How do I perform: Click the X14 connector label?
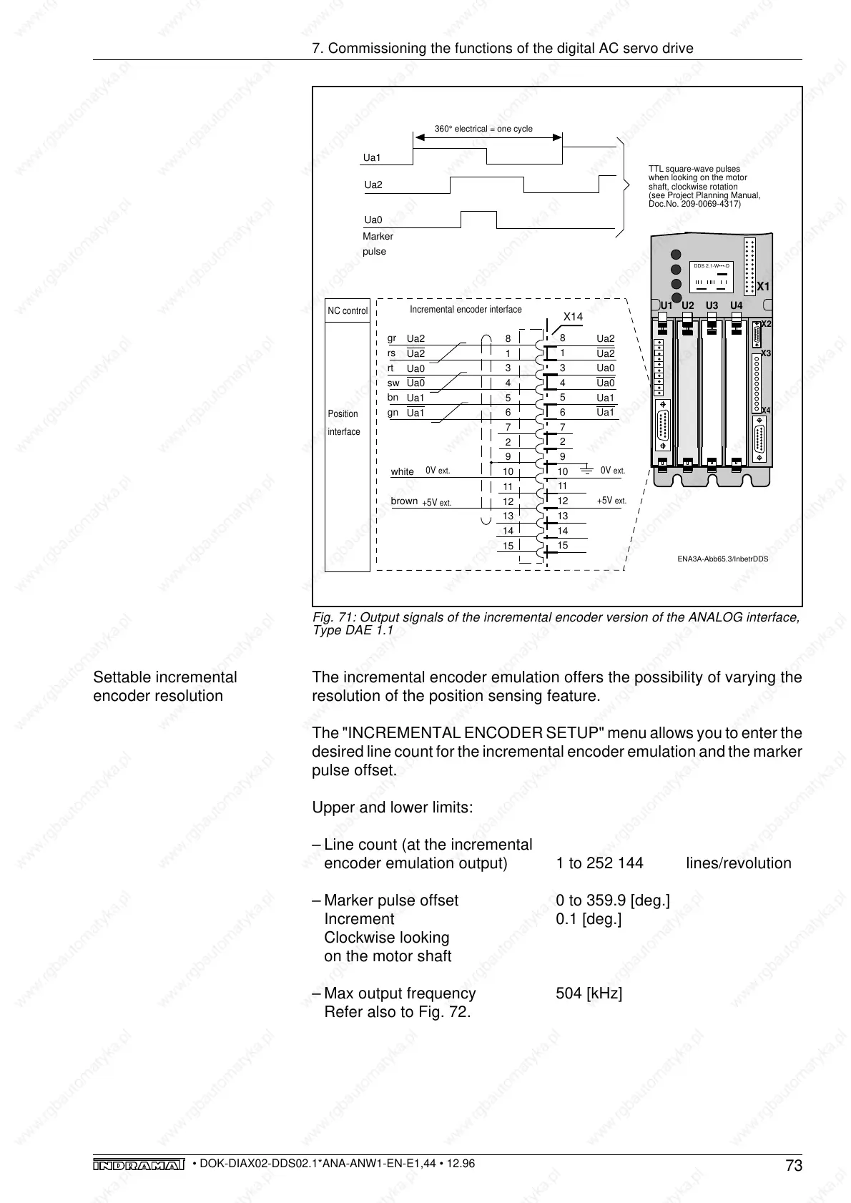[x=573, y=316]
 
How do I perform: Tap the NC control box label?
[x=348, y=311]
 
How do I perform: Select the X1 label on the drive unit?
[x=763, y=286]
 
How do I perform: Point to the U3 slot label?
[x=712, y=305]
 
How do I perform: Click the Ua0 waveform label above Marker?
[x=373, y=220]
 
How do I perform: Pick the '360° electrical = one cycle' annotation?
[x=483, y=129]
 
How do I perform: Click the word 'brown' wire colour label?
[x=404, y=501]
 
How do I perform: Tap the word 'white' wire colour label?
[x=402, y=471]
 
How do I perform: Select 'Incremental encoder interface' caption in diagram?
[x=466, y=310]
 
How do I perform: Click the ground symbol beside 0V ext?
[x=586, y=469]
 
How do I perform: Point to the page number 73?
[x=794, y=1167]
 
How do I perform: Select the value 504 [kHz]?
[x=589, y=993]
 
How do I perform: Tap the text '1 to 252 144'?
[x=599, y=863]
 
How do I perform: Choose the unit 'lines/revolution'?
[x=738, y=863]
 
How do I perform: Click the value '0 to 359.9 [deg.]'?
[x=613, y=900]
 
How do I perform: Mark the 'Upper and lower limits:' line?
[x=392, y=807]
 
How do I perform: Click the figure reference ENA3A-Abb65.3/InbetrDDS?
[x=722, y=559]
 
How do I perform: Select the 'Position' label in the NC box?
[x=343, y=414]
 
